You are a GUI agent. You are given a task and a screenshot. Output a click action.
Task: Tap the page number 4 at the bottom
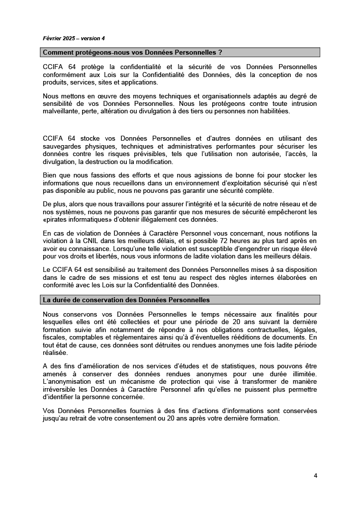(315, 475)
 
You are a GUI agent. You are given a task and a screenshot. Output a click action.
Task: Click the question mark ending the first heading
(220, 52)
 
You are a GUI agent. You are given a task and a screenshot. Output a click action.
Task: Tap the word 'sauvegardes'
(63, 147)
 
